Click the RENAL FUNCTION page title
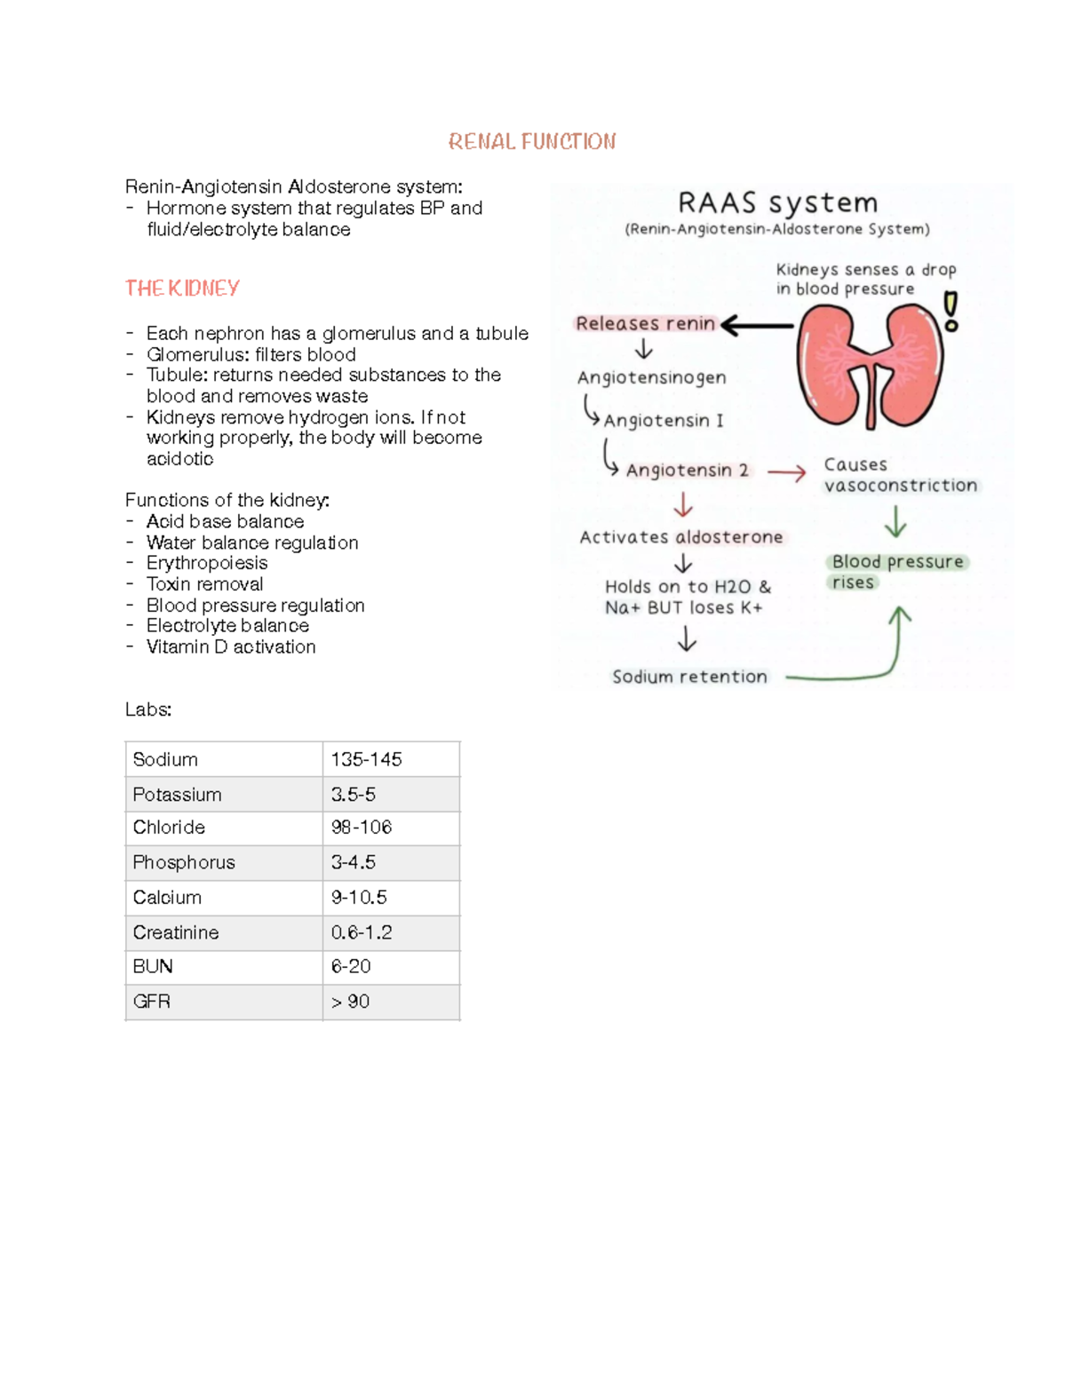pos(532,142)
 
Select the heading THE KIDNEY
pos(182,289)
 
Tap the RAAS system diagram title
pos(777,203)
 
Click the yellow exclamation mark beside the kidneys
pos(951,312)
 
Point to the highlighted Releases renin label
pos(645,324)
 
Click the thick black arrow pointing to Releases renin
pos(757,326)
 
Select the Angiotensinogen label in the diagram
pos(651,377)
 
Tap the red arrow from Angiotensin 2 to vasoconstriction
pos(786,473)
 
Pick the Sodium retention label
pos(689,677)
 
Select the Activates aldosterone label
pos(681,537)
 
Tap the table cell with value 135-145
pos(366,760)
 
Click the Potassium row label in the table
pos(177,795)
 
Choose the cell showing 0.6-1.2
pos(362,932)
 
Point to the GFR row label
pos(151,1002)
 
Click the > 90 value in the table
pos(350,1002)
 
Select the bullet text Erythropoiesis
pos(206,564)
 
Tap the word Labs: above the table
pos(148,709)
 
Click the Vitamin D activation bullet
pos(231,647)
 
